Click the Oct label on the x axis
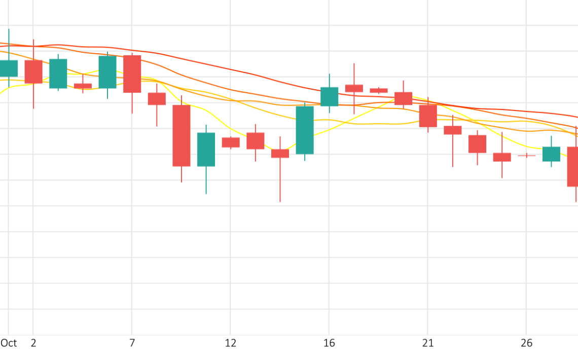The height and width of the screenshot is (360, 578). [x=9, y=343]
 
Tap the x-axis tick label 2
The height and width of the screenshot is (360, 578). [x=33, y=343]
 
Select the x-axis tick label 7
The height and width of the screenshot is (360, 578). [x=132, y=343]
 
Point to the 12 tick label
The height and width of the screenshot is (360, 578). [x=231, y=343]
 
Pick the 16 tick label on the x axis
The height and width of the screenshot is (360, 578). [x=329, y=343]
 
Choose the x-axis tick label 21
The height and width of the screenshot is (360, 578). [x=428, y=343]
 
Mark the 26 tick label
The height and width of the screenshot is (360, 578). [x=526, y=343]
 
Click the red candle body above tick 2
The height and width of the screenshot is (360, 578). [x=33, y=71]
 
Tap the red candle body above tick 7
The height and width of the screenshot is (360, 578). [x=132, y=74]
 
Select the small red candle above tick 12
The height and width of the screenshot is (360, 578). [x=231, y=142]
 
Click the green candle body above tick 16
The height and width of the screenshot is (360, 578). [x=329, y=96]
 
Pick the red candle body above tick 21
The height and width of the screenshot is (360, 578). [x=428, y=116]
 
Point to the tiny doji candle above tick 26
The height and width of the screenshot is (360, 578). [x=526, y=155]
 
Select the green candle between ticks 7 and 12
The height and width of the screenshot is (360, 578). [x=206, y=150]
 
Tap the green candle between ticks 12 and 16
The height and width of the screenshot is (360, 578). [x=305, y=130]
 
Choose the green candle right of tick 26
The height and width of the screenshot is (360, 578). [x=551, y=154]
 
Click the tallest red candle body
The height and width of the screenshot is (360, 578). [x=182, y=135]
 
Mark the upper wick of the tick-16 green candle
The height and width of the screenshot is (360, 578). [x=329, y=81]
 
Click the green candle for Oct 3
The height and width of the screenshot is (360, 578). [x=58, y=74]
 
